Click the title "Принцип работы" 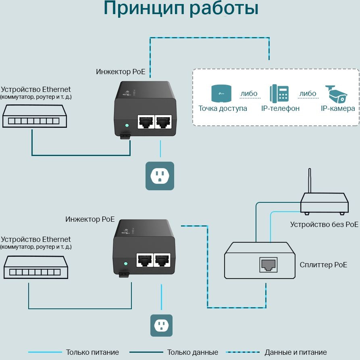click(x=181, y=9)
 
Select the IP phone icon click(x=279, y=94)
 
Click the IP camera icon click(x=337, y=94)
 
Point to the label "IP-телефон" click(x=280, y=108)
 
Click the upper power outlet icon click(x=160, y=176)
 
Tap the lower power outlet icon click(x=161, y=325)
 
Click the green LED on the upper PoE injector click(x=127, y=125)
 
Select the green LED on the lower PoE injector click(x=126, y=264)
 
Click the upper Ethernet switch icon click(x=34, y=117)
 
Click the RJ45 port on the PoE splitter click(x=268, y=264)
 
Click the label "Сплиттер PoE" click(x=323, y=265)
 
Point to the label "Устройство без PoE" click(x=324, y=224)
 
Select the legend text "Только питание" click(x=92, y=352)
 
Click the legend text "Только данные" click(x=193, y=352)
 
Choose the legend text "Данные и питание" click(x=295, y=352)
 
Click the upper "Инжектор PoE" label click(x=121, y=72)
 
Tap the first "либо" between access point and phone click(x=249, y=94)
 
